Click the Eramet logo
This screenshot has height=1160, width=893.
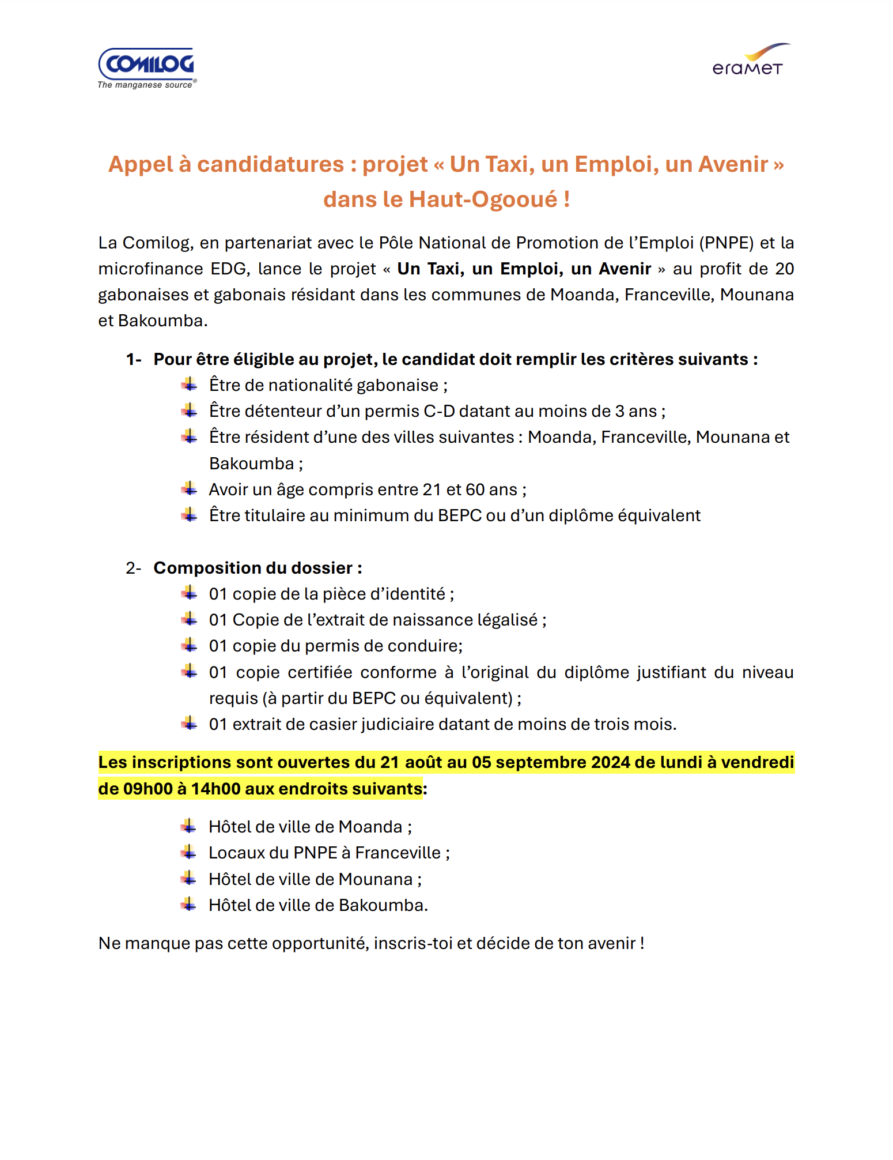748,61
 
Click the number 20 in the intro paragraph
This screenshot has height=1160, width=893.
784,269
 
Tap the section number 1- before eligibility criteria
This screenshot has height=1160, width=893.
134,359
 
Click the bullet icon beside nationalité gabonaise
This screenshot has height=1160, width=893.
189,385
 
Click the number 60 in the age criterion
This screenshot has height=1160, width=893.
475,489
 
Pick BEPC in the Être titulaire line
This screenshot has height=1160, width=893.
459,515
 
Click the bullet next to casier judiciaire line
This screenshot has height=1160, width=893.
189,724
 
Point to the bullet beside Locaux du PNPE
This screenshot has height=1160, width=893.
189,852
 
